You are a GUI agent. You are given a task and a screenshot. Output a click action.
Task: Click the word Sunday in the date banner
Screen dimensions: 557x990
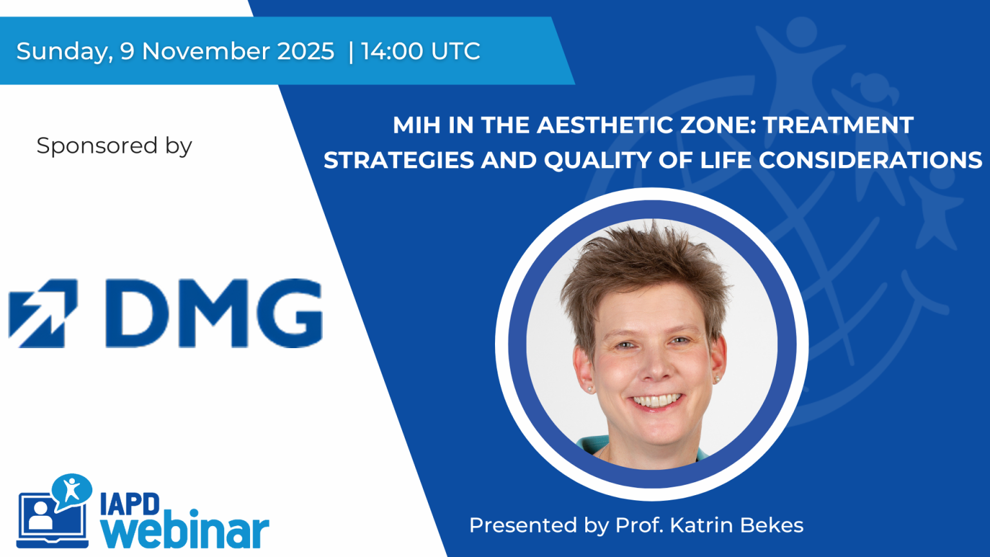[x=63, y=52]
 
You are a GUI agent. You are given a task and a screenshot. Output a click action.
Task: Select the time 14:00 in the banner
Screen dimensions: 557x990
[x=392, y=51]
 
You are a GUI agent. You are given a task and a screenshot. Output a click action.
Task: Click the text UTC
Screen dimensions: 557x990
[x=456, y=51]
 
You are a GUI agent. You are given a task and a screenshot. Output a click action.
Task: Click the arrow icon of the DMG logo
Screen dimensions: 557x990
[x=43, y=313]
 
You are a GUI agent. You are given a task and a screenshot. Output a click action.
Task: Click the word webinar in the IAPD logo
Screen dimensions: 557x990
[x=185, y=531]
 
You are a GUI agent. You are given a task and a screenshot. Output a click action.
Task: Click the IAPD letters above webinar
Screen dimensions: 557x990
[x=130, y=504]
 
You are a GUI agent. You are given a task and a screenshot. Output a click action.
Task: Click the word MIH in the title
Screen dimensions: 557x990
[x=416, y=125]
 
